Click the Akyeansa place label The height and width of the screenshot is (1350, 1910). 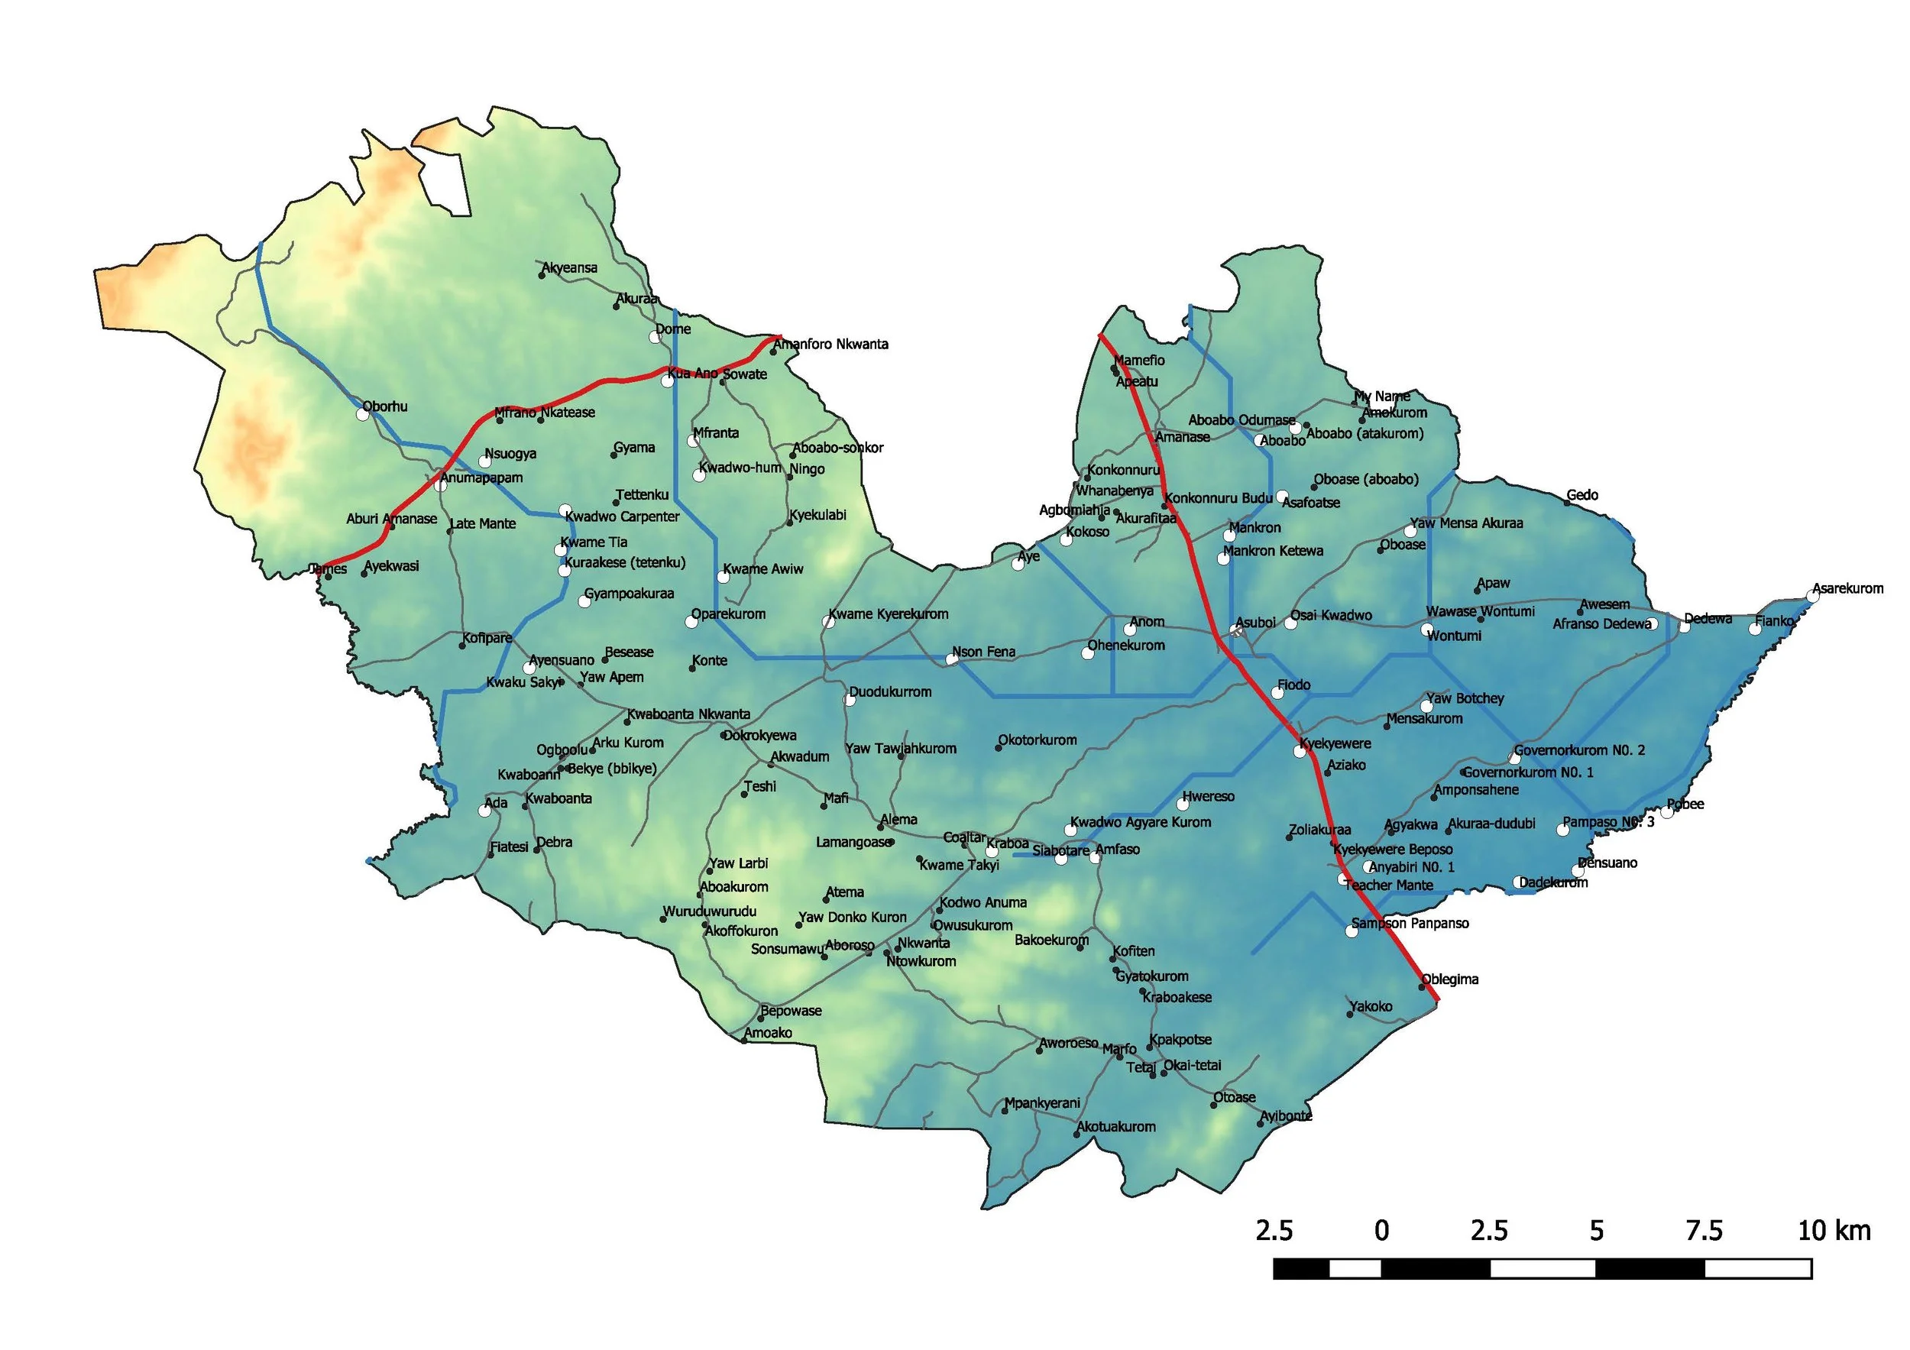pos(570,269)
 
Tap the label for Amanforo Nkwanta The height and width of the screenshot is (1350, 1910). pos(831,345)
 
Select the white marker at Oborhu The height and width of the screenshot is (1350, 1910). pos(363,413)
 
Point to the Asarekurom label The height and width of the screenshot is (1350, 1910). pos(1847,589)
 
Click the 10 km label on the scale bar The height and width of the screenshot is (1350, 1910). pos(1834,1230)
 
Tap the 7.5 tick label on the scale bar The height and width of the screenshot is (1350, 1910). pos(1703,1230)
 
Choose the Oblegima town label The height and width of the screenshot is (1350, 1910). pos(1450,979)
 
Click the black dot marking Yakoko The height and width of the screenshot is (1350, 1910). pos(1350,1015)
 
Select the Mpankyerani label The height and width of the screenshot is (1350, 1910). pos(1041,1104)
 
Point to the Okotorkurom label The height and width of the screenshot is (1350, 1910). pos(1038,740)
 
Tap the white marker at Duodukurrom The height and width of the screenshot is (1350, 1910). pos(850,701)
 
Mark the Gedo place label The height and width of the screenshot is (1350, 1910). pos(1582,496)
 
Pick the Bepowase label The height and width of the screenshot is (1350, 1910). pos(790,1012)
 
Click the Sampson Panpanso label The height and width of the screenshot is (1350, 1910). pos(1410,923)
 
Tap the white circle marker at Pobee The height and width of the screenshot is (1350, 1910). pos(1667,813)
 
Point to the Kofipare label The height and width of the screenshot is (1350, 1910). pos(487,639)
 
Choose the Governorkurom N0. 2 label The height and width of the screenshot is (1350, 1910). pos(1579,750)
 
